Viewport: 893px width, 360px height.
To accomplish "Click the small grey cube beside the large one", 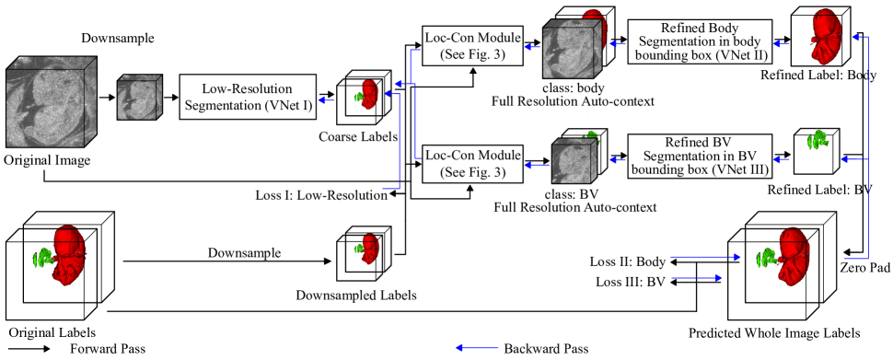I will tap(138, 98).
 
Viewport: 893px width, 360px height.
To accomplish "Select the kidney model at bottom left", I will tap(68, 254).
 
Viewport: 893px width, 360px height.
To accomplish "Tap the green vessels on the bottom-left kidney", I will tap(41, 259).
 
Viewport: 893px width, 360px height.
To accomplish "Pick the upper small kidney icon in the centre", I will tap(369, 94).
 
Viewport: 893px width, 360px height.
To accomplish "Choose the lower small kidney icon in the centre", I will tap(369, 248).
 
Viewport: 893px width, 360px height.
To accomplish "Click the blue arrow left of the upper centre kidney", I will tap(326, 100).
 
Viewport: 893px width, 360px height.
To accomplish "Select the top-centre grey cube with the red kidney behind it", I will tap(571, 50).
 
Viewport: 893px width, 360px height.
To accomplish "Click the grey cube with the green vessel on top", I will tap(574, 161).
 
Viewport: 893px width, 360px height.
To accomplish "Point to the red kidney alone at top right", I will tap(825, 37).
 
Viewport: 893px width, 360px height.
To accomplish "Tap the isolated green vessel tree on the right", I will tap(816, 141).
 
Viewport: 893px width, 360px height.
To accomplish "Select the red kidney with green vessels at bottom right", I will tap(790, 256).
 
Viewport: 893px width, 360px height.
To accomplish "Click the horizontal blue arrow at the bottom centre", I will tap(477, 348).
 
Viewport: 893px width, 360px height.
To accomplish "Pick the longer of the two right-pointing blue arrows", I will tap(705, 257).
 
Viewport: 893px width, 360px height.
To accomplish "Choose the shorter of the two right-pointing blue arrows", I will tap(697, 277).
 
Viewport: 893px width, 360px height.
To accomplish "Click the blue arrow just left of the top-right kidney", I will tap(781, 43).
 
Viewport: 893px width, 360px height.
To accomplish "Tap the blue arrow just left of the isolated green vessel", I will tap(781, 159).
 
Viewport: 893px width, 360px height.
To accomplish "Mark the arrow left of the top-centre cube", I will tap(532, 47).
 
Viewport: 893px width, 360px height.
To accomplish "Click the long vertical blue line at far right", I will tap(867, 147).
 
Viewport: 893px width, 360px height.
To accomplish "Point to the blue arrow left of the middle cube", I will tap(535, 165).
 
